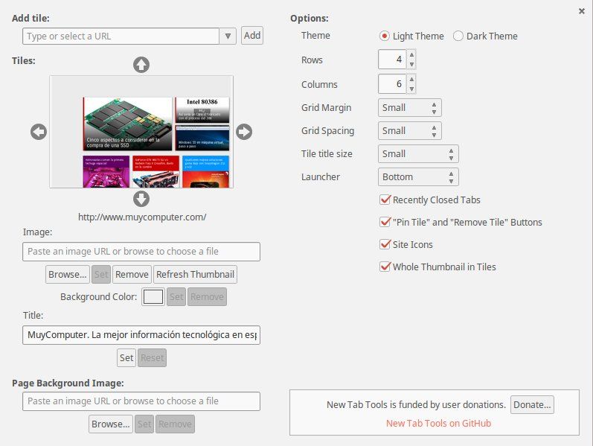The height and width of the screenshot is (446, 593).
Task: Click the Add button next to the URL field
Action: [252, 35]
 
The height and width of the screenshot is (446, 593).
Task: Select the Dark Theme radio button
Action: [458, 36]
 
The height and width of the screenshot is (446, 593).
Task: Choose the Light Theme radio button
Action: [385, 36]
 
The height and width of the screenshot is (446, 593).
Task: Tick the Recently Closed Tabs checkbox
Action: [385, 200]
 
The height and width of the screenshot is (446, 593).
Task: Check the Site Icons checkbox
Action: [385, 244]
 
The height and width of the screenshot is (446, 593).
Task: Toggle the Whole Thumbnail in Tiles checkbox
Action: [385, 267]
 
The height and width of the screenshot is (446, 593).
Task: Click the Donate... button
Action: [532, 404]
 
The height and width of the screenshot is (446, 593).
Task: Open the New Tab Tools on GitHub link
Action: [438, 423]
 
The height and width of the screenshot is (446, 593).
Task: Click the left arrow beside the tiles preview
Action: [39, 132]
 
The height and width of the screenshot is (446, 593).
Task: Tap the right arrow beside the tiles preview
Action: [244, 132]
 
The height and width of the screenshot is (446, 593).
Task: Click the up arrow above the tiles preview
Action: [141, 65]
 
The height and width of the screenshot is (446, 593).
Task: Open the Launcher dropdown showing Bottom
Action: [418, 176]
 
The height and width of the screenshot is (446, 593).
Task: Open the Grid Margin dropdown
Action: [409, 107]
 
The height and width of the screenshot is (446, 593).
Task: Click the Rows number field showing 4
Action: [391, 60]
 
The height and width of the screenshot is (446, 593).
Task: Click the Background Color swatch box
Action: [153, 296]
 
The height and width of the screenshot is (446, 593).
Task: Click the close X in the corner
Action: [581, 11]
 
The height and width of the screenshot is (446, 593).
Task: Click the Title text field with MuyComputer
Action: [141, 335]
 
